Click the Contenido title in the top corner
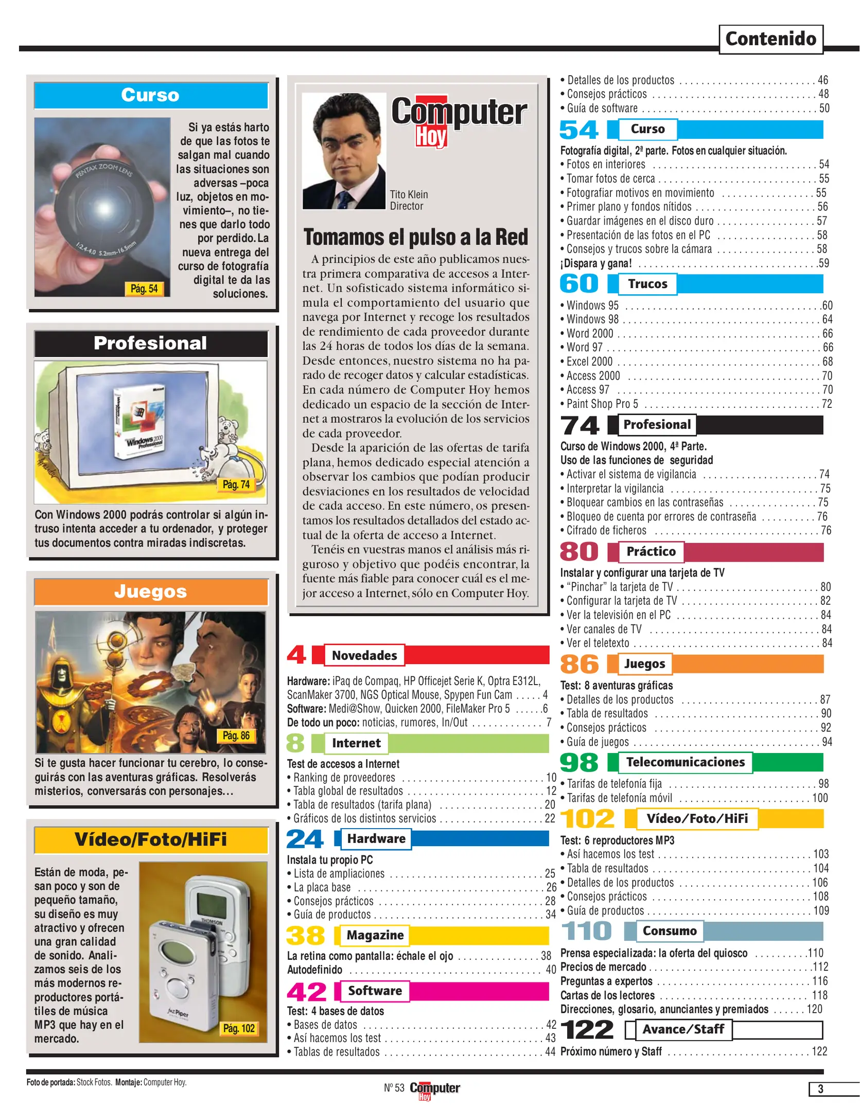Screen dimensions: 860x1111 coord(770,39)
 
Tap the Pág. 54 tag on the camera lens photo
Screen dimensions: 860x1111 coord(144,289)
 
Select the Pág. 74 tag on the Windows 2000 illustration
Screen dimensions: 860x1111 coord(236,485)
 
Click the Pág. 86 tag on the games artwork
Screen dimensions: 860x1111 coord(236,736)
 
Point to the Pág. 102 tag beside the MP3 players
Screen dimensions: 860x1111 coord(239,1028)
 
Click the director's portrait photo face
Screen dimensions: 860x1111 coord(343,149)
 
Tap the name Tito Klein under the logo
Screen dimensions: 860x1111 coord(409,194)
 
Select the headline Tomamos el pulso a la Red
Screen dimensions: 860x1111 coord(416,237)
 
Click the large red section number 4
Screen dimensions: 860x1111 coord(296,655)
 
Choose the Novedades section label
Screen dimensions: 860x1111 coord(364,655)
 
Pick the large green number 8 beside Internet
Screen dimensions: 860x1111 coord(295,743)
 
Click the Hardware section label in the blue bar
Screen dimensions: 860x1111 coord(376,839)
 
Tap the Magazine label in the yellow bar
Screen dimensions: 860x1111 coord(375,935)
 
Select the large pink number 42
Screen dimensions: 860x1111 coord(307,992)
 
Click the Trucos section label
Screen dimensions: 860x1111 coord(647,284)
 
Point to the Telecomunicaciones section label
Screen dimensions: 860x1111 coord(685,762)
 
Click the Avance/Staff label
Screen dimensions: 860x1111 coord(683,1029)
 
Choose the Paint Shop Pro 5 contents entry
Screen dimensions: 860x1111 coord(602,404)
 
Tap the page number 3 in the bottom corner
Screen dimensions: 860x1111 coord(820,1089)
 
